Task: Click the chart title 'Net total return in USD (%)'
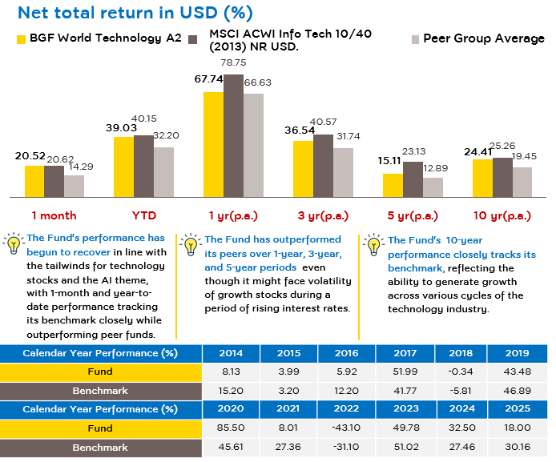coord(135,13)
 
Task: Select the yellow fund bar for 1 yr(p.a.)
coord(213,145)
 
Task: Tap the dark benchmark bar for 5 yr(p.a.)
coord(413,179)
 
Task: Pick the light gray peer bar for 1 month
coord(75,186)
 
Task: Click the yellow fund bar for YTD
coord(123,167)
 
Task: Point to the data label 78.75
coord(233,62)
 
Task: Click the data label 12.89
coord(436,168)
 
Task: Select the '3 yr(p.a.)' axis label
coord(323,215)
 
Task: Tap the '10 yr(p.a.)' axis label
coord(502,215)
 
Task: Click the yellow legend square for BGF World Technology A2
coord(22,39)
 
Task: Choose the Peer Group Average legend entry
coord(478,38)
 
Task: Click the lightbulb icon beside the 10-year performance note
coord(373,244)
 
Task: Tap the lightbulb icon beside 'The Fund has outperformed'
coord(191,244)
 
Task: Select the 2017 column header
coord(405,353)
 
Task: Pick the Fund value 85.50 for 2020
coord(231,428)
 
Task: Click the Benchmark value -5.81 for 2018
coord(461,391)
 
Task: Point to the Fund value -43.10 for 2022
coord(346,428)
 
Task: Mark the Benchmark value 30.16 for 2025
coord(518,447)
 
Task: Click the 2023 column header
coord(406,408)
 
